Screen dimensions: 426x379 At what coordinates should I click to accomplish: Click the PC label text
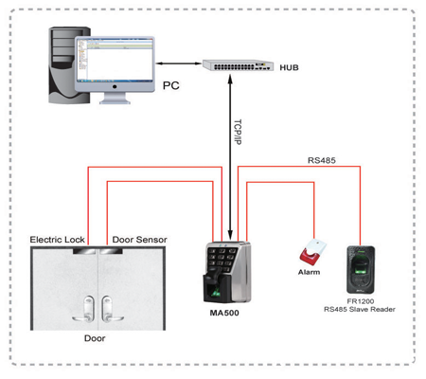click(x=170, y=85)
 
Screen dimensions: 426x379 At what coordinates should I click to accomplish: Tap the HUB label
click(x=289, y=67)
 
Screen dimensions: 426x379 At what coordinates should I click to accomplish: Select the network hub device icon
click(x=238, y=65)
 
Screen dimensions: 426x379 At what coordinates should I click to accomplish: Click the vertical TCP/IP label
click(x=238, y=132)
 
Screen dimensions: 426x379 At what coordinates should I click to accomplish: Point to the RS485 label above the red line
click(x=322, y=160)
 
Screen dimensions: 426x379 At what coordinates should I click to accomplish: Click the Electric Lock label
click(x=57, y=240)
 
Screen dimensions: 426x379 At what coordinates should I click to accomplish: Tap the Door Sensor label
click(x=139, y=240)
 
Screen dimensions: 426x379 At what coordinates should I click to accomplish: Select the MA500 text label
click(x=224, y=313)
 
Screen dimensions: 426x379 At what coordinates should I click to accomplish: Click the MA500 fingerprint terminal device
click(x=227, y=272)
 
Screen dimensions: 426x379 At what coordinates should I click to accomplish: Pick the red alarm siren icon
click(x=312, y=252)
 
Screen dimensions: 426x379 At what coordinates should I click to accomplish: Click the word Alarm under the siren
click(x=309, y=272)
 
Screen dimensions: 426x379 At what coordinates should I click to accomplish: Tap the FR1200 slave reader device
click(x=361, y=270)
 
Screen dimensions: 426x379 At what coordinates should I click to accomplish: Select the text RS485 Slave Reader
click(x=360, y=310)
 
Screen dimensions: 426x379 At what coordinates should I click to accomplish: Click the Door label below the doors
click(x=95, y=338)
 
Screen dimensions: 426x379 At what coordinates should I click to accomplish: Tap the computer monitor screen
click(x=115, y=60)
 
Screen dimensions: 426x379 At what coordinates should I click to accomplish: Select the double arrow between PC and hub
click(x=179, y=63)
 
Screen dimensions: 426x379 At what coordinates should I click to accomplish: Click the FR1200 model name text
click(x=361, y=301)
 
